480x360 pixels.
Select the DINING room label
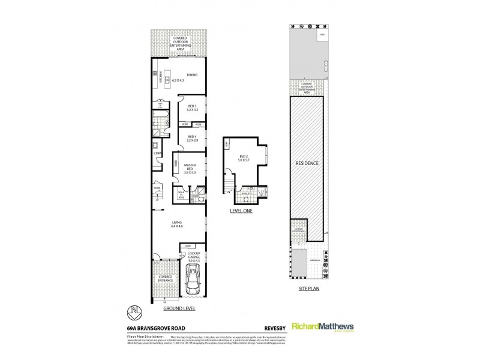click(192, 75)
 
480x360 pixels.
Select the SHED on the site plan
click(322, 35)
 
